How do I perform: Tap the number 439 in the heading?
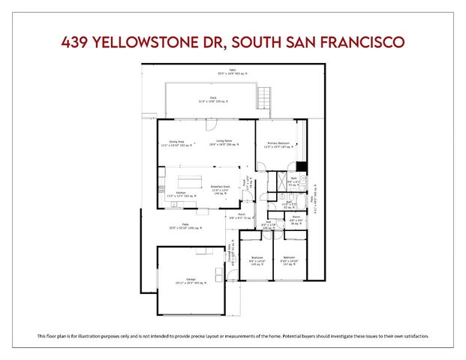[x=77, y=43]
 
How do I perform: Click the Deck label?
[x=213, y=98]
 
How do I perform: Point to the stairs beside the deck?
[x=263, y=97]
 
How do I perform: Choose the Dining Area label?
[x=177, y=142]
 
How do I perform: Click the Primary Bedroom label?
[x=278, y=143]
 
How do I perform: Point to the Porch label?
[x=242, y=214]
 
